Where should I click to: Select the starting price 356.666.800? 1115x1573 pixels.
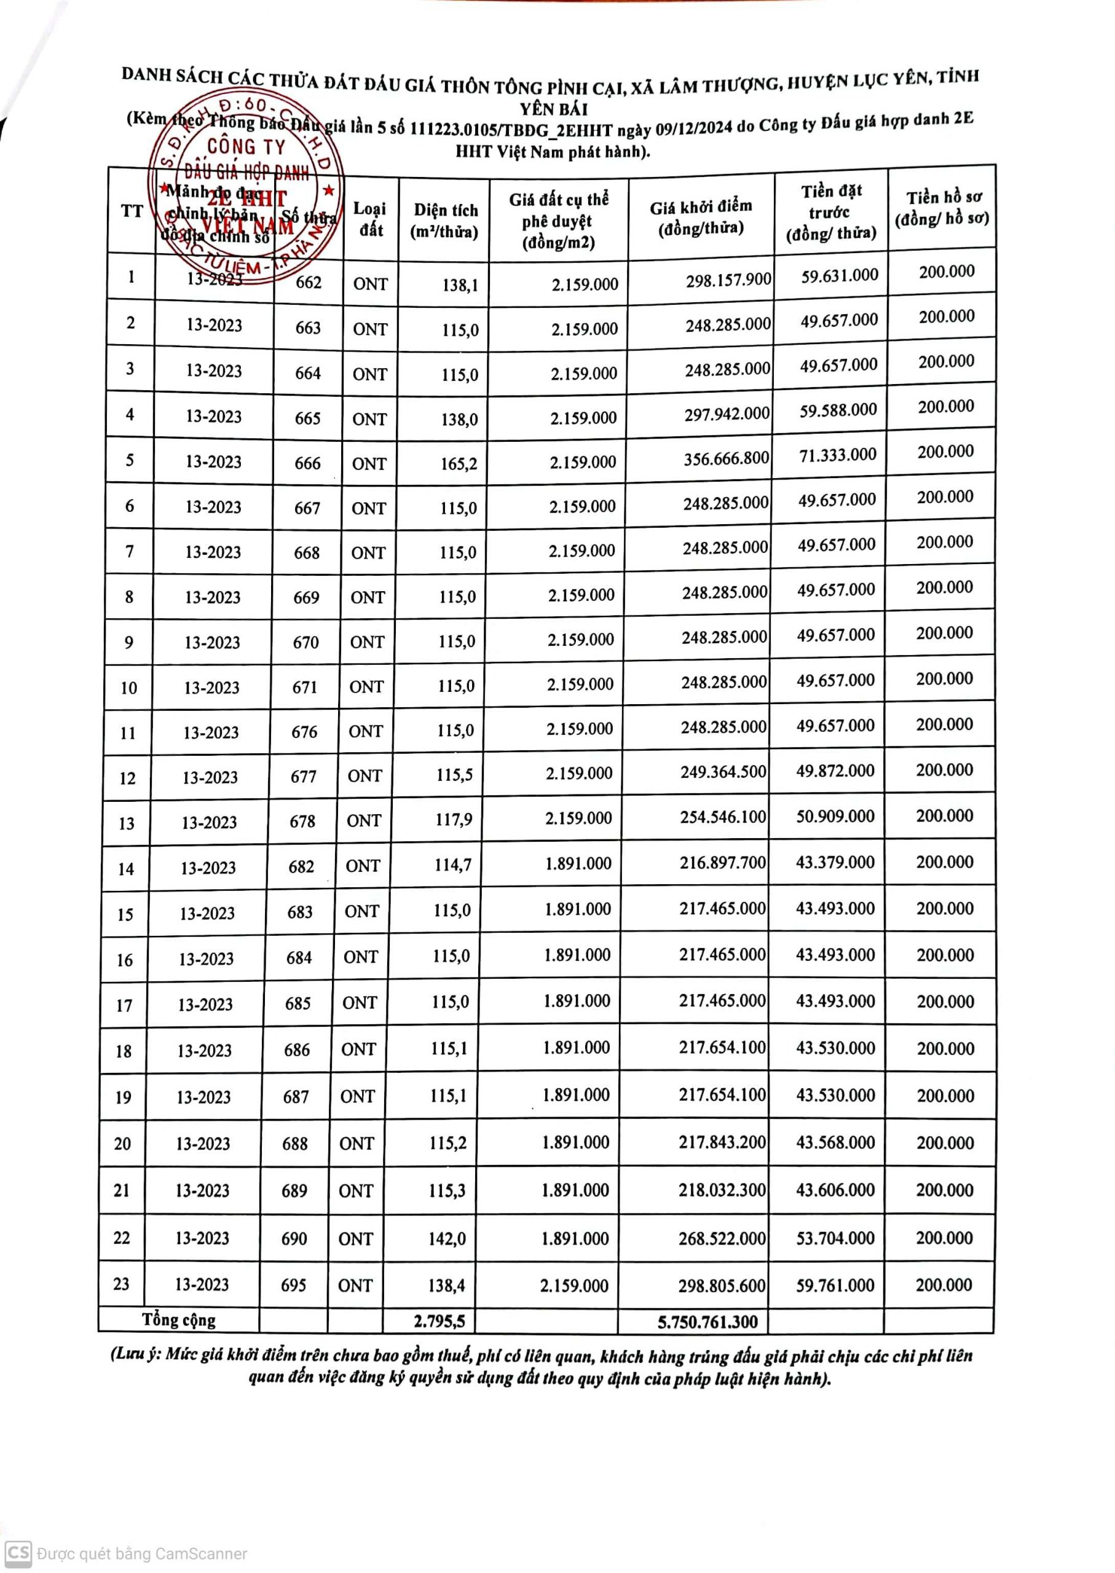click(726, 458)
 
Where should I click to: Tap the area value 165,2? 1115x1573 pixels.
click(459, 464)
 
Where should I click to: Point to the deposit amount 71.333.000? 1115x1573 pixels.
click(838, 455)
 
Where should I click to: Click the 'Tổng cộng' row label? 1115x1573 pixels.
click(178, 1319)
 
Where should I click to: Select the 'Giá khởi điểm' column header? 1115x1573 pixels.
click(700, 217)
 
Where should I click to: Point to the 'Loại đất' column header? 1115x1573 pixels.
click(370, 219)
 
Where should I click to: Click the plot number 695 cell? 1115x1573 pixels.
click(293, 1284)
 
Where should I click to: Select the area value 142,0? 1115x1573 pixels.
click(447, 1238)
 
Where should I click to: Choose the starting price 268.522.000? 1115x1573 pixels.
click(722, 1238)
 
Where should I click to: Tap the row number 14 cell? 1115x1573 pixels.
click(125, 869)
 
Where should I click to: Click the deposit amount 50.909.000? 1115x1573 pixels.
click(835, 817)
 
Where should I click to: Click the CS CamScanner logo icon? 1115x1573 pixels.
click(18, 1552)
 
